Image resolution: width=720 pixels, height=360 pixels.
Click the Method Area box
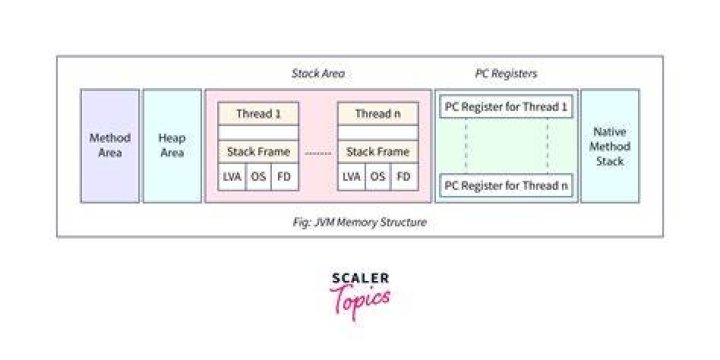(x=110, y=146)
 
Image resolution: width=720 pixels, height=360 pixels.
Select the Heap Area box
(x=172, y=146)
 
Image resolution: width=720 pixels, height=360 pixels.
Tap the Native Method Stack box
(x=610, y=146)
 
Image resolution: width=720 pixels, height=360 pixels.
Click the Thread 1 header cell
(x=258, y=114)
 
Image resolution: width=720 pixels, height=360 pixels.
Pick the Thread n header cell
(x=378, y=114)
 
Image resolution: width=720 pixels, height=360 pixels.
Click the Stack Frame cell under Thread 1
(x=258, y=152)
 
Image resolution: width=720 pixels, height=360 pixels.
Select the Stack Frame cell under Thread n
(x=378, y=152)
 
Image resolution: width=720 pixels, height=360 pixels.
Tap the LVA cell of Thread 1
(x=231, y=177)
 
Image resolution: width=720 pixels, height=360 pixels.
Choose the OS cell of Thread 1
(x=258, y=177)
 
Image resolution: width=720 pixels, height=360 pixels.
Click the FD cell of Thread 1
(x=285, y=177)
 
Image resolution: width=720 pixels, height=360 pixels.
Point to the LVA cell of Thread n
(x=351, y=177)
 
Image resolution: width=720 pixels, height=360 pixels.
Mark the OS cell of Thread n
(x=378, y=177)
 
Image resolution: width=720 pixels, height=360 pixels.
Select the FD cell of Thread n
(x=405, y=177)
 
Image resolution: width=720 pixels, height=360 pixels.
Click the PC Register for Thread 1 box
(x=506, y=107)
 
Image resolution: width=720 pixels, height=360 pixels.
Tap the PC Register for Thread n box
(x=506, y=186)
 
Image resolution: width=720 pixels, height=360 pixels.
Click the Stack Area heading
(x=318, y=73)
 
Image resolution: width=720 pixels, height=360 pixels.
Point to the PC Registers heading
(x=506, y=73)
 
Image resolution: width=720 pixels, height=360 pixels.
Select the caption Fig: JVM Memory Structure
(x=360, y=222)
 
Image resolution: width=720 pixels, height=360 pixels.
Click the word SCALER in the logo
(x=360, y=278)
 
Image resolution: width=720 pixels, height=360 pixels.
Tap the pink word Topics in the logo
(x=360, y=299)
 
